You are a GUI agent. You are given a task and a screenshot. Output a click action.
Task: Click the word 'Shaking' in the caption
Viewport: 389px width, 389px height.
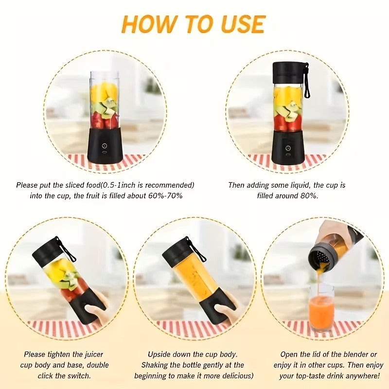pos(155,365)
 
